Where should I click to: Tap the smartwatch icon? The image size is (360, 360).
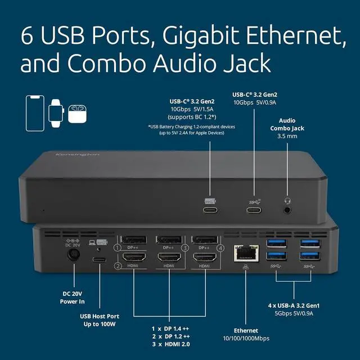click(x=56, y=111)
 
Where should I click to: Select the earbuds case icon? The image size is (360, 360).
click(x=76, y=113)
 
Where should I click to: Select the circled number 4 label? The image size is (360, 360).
click(x=220, y=247)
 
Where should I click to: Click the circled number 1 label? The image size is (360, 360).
click(x=117, y=247)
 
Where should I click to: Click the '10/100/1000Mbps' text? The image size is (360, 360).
click(x=246, y=339)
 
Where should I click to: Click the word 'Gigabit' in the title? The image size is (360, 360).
click(x=197, y=35)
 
